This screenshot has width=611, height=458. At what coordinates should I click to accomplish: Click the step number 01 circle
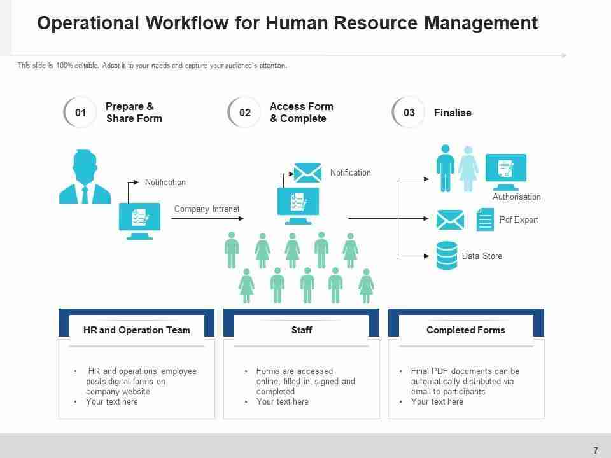click(x=80, y=113)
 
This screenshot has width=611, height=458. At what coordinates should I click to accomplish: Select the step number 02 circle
click(x=244, y=113)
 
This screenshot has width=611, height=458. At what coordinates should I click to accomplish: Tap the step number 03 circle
click(x=409, y=113)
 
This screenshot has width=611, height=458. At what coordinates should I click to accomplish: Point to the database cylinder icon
click(x=447, y=255)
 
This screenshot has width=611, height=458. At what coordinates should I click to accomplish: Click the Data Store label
click(x=482, y=256)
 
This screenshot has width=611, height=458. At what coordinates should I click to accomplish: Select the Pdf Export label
click(x=519, y=220)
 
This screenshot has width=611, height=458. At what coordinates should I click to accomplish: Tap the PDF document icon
click(x=485, y=219)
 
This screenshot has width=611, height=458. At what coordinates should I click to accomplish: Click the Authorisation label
click(x=517, y=197)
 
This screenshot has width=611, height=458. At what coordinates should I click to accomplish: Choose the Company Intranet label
click(x=207, y=209)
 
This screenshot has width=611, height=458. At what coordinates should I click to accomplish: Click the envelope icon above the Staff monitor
click(x=307, y=173)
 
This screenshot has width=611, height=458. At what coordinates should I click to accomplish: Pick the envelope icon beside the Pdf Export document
click(x=450, y=220)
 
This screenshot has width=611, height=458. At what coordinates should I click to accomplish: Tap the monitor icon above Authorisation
click(x=506, y=171)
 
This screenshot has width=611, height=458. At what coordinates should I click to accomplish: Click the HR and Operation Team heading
click(x=137, y=330)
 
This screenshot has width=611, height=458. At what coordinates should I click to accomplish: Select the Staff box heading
click(x=302, y=330)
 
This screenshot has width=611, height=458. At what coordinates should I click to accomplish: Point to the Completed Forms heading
click(x=466, y=330)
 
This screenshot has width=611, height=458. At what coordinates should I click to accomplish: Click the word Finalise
click(x=453, y=113)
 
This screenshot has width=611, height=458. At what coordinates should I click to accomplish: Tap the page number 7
click(x=596, y=450)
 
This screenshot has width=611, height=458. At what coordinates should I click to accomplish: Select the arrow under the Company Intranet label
click(x=208, y=218)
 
